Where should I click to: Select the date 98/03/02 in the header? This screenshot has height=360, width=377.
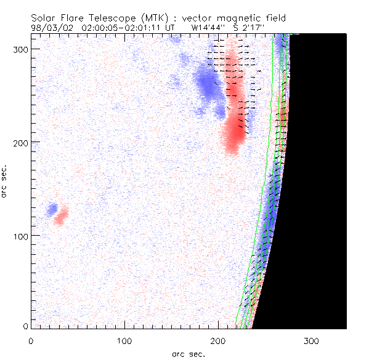point(50,28)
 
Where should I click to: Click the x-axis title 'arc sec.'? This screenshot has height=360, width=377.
point(188,353)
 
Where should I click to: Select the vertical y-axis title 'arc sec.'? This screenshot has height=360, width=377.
point(5,181)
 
